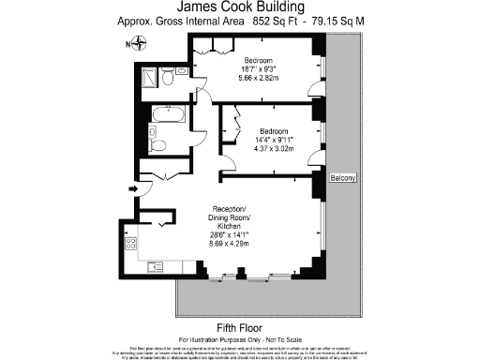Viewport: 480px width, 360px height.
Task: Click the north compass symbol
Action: pyautogui.click(x=139, y=41)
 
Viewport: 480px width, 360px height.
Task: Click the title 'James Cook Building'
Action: pyautogui.click(x=239, y=7)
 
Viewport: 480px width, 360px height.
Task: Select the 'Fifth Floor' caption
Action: pyautogui.click(x=239, y=325)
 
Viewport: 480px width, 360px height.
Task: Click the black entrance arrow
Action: pyautogui.click(x=132, y=188)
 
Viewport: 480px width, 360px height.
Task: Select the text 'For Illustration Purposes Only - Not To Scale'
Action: pyautogui.click(x=239, y=337)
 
